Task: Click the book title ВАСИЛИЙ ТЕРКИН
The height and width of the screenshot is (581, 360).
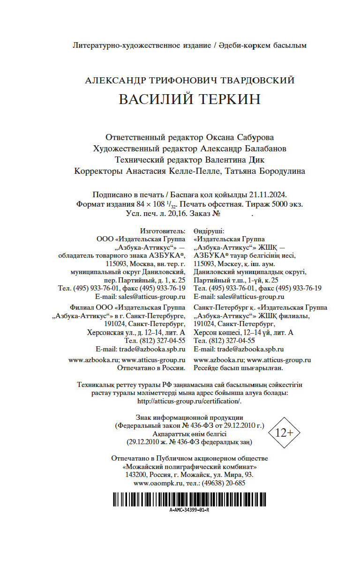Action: [x=189, y=100]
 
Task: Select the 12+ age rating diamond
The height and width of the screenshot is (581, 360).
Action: [x=284, y=432]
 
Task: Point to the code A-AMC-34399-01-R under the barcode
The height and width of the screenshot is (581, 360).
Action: [x=189, y=510]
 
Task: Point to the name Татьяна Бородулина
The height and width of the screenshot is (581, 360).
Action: [x=265, y=171]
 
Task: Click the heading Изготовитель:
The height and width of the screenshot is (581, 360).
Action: [x=163, y=231]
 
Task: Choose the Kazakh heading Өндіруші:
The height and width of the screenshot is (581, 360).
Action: [x=209, y=231]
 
